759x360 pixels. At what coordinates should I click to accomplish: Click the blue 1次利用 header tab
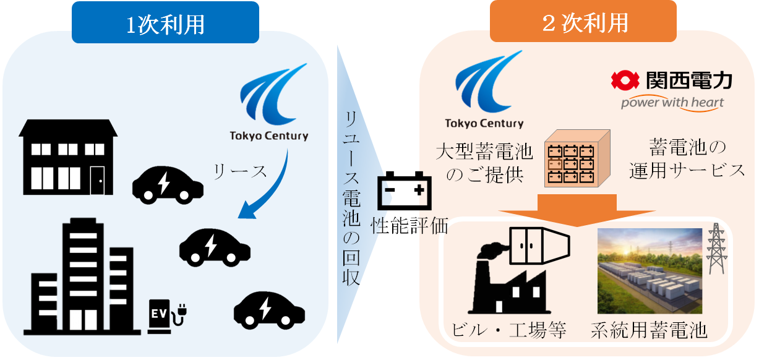[165, 23]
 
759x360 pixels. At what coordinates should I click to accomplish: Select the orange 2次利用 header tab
[584, 23]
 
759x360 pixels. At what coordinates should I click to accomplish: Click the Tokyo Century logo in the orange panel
[484, 90]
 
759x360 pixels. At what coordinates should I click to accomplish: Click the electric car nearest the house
[168, 184]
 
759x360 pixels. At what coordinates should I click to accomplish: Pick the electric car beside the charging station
[268, 309]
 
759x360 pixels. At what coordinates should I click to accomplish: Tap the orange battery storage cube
[577, 160]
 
